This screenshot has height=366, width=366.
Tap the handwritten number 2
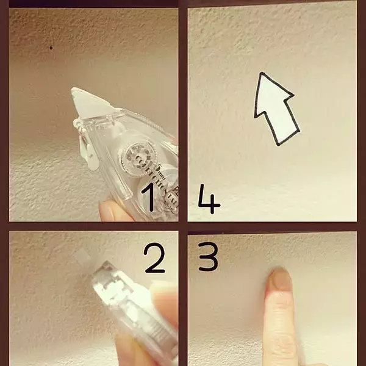point(155,258)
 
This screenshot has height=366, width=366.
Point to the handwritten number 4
point(209,201)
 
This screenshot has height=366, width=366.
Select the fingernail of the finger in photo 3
point(280,280)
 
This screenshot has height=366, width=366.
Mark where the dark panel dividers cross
point(183,226)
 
